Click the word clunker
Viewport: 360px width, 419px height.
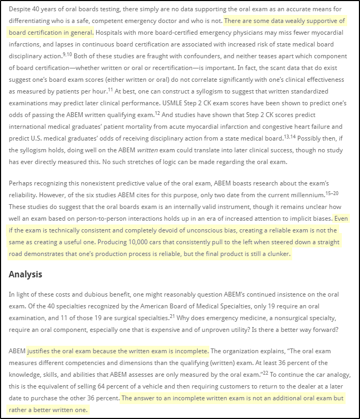pyautogui.click(x=277, y=254)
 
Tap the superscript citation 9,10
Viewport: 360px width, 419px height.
pyautogui.click(x=67, y=54)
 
